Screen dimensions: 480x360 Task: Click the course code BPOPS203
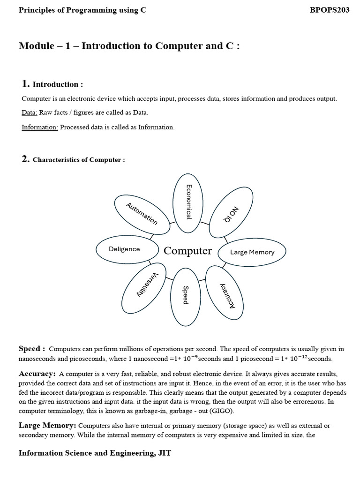pos(330,10)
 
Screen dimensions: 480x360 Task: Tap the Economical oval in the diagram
pos(188,202)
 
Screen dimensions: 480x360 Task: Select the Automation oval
pos(142,214)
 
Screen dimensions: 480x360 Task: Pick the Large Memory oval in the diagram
pos(252,252)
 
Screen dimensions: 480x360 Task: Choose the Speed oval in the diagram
pos(186,296)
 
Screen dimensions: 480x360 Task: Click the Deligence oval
pos(125,249)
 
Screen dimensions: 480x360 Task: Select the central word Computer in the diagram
pos(187,251)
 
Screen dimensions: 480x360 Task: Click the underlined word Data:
pos(30,112)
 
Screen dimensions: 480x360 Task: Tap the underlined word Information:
pos(40,127)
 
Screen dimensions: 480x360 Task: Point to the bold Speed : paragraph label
pos(32,349)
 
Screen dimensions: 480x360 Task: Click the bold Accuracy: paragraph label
pos(37,374)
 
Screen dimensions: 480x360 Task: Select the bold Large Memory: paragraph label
pos(47,425)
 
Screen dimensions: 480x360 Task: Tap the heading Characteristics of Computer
pos(78,160)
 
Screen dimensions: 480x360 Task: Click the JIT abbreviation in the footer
pos(165,453)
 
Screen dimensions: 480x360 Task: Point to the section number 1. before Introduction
pos(26,84)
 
